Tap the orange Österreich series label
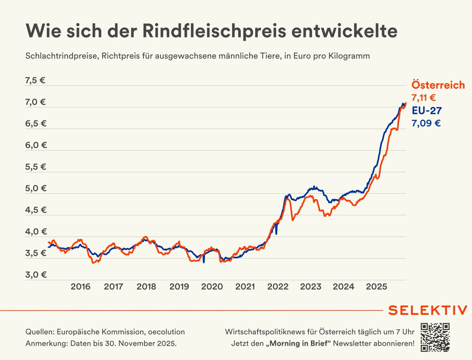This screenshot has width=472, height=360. [438, 85]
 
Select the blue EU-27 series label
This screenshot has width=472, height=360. [427, 110]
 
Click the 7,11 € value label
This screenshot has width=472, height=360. [424, 98]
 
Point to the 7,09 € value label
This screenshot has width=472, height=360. [426, 123]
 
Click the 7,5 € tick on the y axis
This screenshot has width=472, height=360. [35, 81]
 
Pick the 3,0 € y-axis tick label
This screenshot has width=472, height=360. [35, 275]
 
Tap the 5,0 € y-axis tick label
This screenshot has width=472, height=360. [35, 188]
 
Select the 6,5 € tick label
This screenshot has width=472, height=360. [35, 123]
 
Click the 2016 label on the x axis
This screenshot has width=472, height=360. [81, 287]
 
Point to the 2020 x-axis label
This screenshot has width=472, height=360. [212, 287]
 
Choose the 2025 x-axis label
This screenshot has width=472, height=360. [376, 287]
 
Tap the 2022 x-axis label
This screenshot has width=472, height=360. [278, 287]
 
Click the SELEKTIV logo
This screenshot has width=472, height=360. [428, 310]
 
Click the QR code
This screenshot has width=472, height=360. [435, 337]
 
